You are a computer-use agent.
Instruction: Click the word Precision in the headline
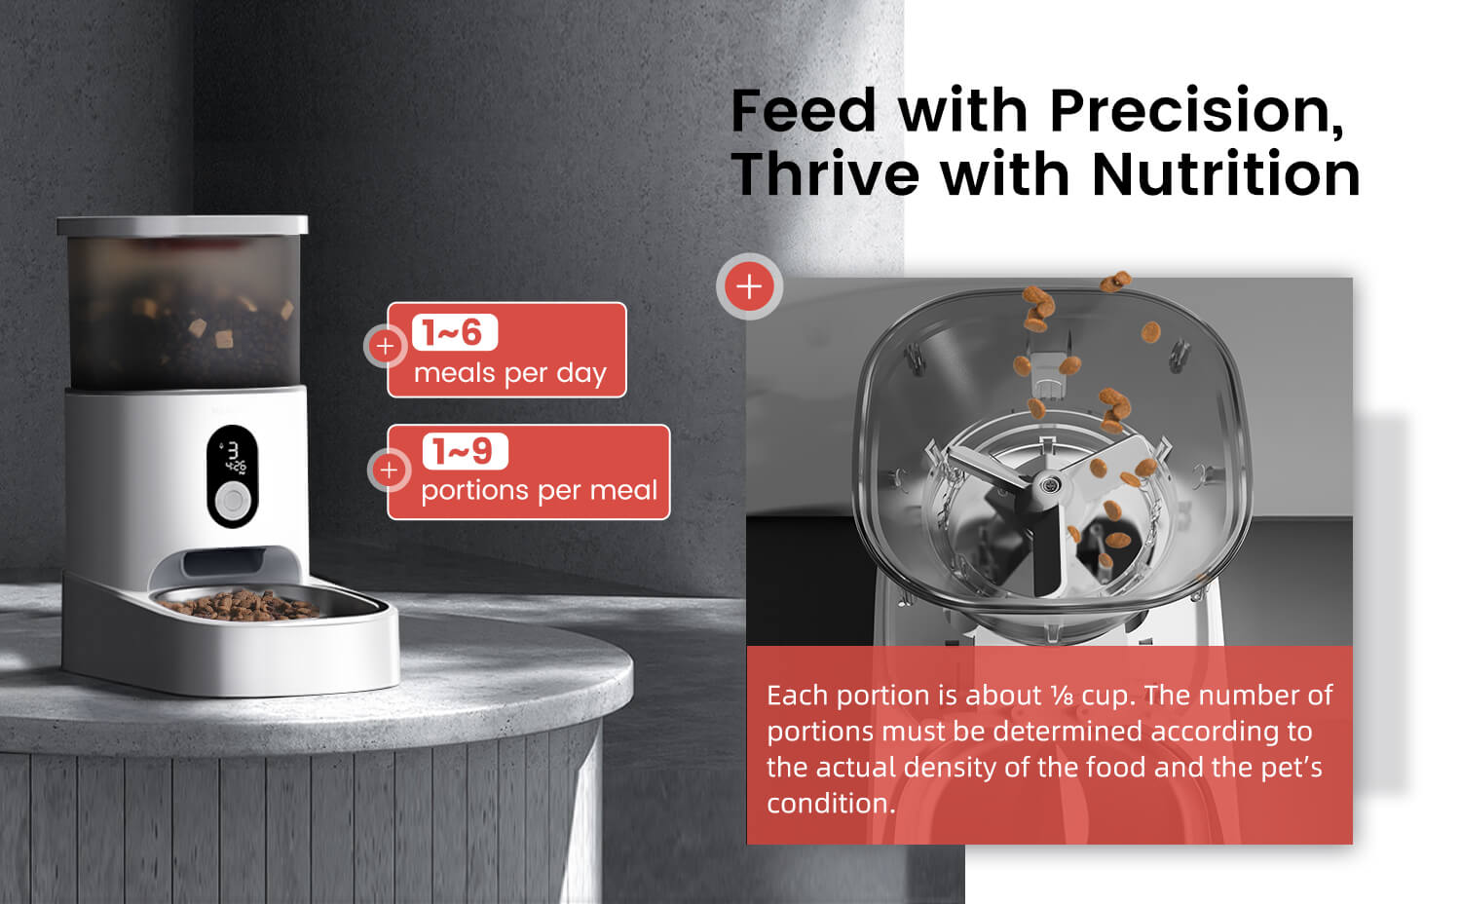(1197, 110)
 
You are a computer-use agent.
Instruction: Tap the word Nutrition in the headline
(1225, 174)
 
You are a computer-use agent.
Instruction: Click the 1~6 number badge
(455, 332)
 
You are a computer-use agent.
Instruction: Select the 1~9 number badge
(465, 451)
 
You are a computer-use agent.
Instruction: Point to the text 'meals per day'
(509, 373)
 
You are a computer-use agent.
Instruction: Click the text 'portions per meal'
(539, 490)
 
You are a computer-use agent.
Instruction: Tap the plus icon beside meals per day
(386, 346)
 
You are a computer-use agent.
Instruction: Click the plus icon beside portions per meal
(389, 471)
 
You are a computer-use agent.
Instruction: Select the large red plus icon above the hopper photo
(749, 286)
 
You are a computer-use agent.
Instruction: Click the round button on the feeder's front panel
(232, 502)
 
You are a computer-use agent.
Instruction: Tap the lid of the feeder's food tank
(182, 225)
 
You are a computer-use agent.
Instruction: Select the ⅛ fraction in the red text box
(1061, 696)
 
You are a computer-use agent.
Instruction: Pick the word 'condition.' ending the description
(830, 804)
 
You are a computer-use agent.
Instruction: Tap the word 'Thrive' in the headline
(824, 174)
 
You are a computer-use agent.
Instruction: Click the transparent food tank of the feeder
(183, 312)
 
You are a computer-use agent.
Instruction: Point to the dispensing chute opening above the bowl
(224, 562)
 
